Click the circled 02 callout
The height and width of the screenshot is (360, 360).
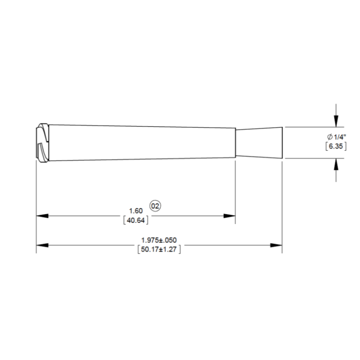[155, 206]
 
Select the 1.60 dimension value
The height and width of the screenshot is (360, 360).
[136, 211]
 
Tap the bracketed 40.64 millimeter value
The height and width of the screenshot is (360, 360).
[136, 220]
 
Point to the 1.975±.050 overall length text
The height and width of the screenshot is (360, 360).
[159, 240]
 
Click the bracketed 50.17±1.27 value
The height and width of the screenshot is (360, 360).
[159, 249]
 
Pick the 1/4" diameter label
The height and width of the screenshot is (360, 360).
[340, 137]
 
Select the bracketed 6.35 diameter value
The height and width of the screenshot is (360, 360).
[336, 146]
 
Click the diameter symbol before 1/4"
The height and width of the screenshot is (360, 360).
[329, 137]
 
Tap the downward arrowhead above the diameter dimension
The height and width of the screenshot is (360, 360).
[336, 121]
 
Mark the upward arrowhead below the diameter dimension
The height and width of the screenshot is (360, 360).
[336, 164]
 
